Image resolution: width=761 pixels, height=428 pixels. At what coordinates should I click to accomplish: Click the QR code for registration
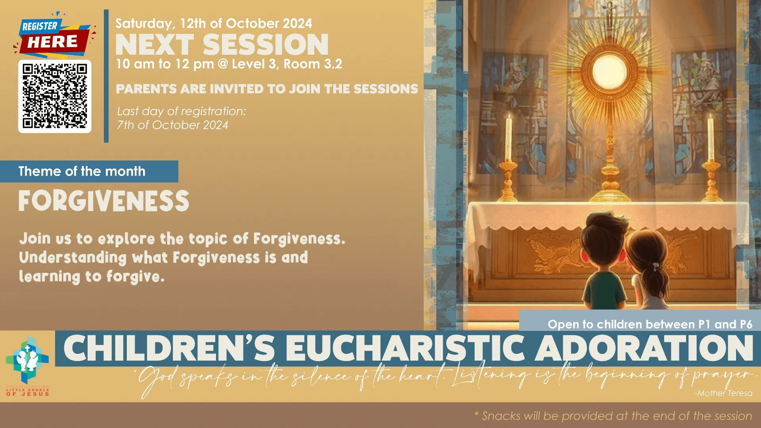[55, 96]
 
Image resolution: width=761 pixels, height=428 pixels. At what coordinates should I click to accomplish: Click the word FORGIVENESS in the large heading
[104, 201]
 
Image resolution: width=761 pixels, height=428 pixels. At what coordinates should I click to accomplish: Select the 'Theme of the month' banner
[82, 171]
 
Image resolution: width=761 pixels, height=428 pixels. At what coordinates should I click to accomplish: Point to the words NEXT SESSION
[222, 44]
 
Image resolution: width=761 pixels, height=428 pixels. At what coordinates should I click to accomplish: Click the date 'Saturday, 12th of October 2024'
[214, 23]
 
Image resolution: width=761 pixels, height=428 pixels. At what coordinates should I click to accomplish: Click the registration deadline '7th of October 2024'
[172, 125]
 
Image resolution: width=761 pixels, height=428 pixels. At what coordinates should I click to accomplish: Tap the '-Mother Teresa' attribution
[723, 393]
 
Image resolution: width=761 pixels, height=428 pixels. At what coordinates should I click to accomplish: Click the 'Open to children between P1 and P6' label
[650, 324]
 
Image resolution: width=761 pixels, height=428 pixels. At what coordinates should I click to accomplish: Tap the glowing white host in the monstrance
[609, 73]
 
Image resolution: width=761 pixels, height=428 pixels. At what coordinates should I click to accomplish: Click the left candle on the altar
[508, 139]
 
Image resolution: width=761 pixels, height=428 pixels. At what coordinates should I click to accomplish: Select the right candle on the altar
[711, 139]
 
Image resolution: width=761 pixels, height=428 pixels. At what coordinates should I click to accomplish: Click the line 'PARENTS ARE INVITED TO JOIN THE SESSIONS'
[267, 89]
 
